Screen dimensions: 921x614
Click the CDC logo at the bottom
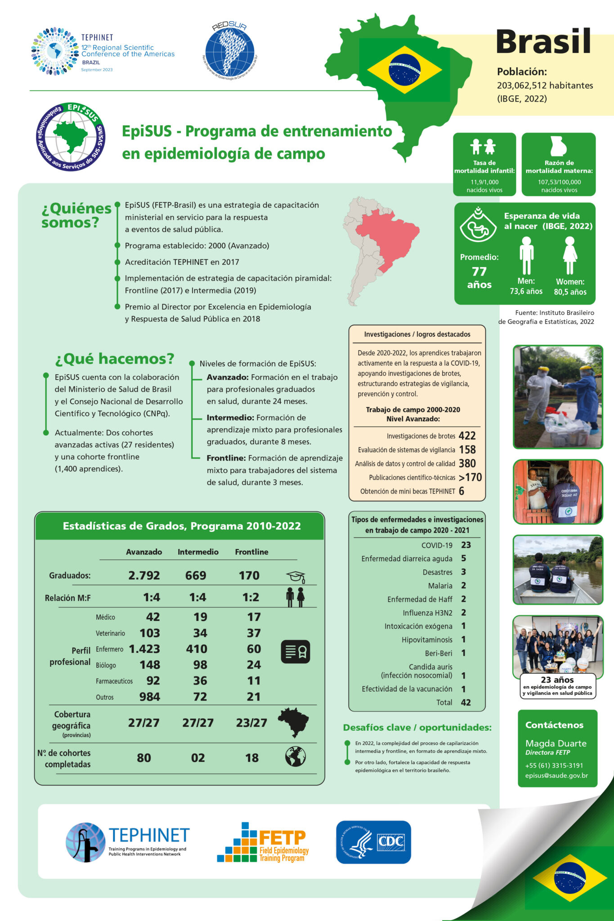click(x=373, y=842)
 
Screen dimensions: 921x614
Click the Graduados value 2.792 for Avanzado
click(x=144, y=575)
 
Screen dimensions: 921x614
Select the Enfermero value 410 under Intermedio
click(x=197, y=649)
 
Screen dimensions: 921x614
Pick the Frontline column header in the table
click(x=251, y=552)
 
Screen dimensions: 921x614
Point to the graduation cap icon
click(x=296, y=577)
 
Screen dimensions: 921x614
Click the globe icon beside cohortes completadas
click(x=296, y=757)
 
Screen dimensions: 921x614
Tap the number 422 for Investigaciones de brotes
click(x=467, y=436)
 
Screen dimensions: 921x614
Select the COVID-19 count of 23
click(x=466, y=545)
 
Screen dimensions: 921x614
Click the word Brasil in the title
click(x=543, y=42)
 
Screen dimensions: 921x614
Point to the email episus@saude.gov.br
click(x=556, y=775)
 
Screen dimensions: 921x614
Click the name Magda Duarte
click(x=556, y=743)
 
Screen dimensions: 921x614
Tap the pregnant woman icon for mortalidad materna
click(x=558, y=146)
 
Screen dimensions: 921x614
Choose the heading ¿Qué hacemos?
click(x=115, y=358)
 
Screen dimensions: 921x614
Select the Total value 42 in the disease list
click(x=466, y=702)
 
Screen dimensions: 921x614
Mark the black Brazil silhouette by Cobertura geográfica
click(x=293, y=722)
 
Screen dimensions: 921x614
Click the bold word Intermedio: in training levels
click(x=230, y=418)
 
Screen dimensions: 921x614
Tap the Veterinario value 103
click(x=150, y=633)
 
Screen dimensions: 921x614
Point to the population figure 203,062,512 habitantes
click(x=545, y=85)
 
